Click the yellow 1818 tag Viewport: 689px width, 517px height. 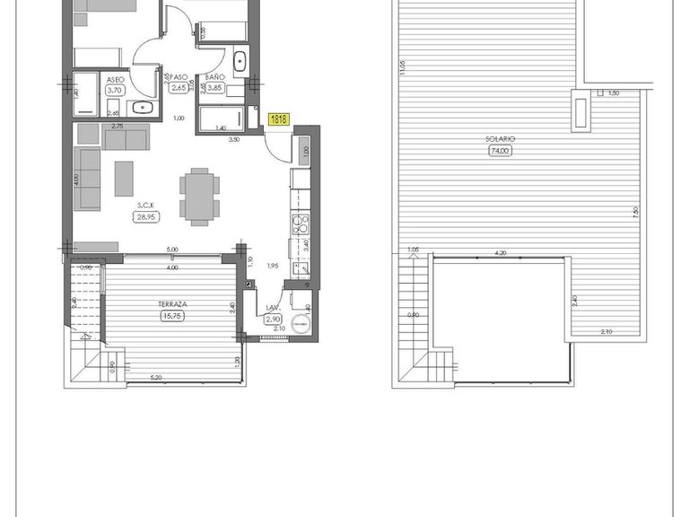click(278, 117)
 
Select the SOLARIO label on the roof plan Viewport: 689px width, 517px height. click(500, 139)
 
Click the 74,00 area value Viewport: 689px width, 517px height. click(500, 151)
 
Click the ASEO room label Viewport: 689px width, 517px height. click(114, 79)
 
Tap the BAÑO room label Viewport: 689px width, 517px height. click(214, 78)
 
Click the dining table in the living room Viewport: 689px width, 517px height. click(198, 194)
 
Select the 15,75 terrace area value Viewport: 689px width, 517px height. click(171, 316)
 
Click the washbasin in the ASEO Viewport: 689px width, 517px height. click(142, 109)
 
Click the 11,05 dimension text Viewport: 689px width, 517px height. click(404, 67)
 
